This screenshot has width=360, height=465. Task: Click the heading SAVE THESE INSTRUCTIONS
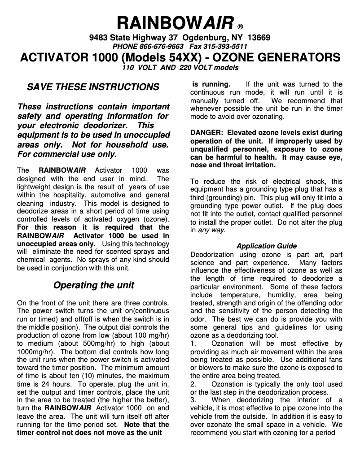click(x=93, y=87)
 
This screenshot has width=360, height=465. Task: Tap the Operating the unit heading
click(x=93, y=285)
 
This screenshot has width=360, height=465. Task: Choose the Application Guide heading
click(x=266, y=246)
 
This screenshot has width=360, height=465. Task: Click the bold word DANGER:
click(x=206, y=133)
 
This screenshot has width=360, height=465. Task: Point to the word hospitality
click(x=63, y=195)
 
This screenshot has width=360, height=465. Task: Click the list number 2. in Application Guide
click(x=193, y=384)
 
